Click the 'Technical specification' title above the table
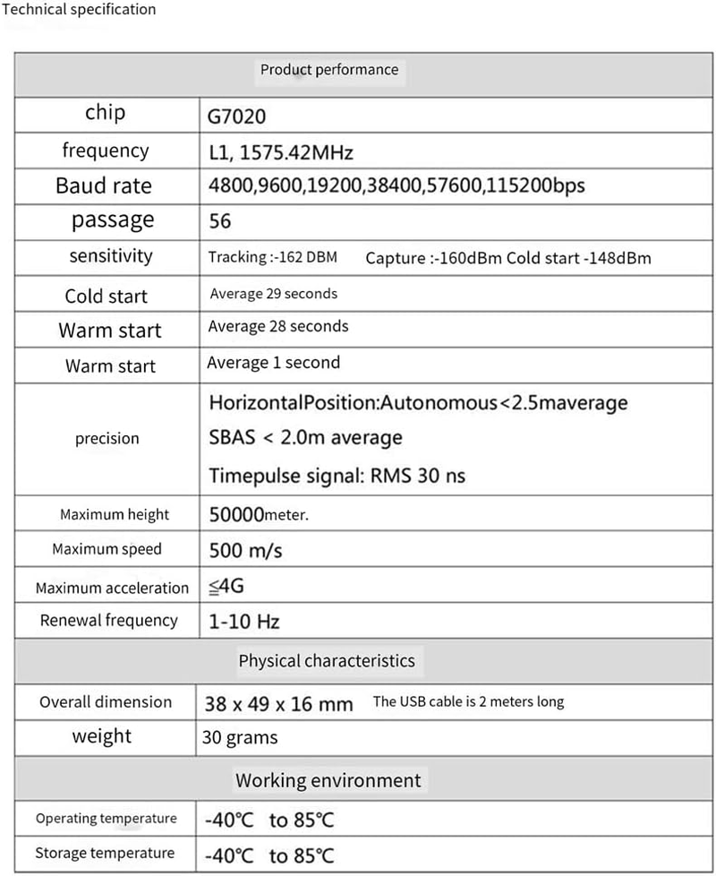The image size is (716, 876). click(80, 10)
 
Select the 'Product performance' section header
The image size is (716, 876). click(328, 70)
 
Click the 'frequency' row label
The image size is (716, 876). click(106, 150)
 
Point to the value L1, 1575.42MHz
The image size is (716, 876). click(286, 152)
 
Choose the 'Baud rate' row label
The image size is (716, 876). click(104, 186)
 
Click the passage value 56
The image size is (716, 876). click(220, 221)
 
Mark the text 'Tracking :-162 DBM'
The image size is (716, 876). click(272, 258)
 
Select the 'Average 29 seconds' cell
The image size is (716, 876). click(274, 294)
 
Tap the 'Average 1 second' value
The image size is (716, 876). click(273, 363)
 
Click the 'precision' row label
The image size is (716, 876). click(107, 439)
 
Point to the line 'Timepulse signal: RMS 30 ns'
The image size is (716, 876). click(337, 476)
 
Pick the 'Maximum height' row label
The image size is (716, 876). click(115, 515)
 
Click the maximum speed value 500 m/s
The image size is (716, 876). click(245, 550)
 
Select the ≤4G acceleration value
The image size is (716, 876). click(226, 588)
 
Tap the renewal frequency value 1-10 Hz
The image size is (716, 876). click(244, 622)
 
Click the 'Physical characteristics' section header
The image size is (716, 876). click(327, 662)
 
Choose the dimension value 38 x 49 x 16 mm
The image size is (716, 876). click(279, 704)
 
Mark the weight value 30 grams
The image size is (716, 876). click(241, 738)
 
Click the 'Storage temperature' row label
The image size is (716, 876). click(105, 853)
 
